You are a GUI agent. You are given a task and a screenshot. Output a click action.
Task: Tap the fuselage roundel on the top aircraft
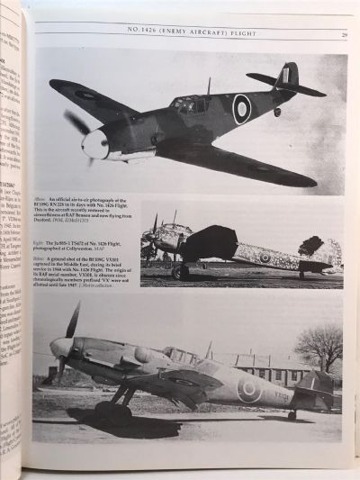(242, 110)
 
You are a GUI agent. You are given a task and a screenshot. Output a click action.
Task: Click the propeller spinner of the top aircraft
(94, 144)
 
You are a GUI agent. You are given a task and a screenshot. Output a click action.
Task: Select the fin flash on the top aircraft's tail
(286, 76)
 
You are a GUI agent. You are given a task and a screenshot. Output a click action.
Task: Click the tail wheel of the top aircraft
(277, 112)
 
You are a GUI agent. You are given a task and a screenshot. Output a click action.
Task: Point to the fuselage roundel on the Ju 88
(265, 258)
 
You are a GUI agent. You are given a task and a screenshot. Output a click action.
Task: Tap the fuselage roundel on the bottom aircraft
(248, 388)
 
